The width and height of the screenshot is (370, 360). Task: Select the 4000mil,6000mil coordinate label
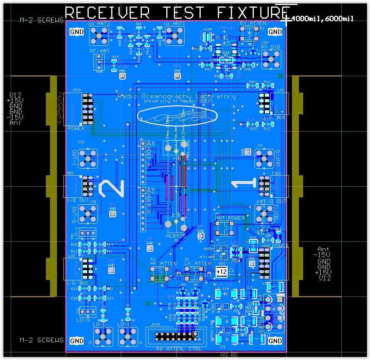pos(321,18)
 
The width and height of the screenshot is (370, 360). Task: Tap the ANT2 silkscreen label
pos(104,24)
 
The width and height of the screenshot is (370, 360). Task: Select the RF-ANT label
pos(99,51)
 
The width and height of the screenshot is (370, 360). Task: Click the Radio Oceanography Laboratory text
pos(176,96)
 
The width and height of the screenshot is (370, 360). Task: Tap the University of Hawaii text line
pos(176,101)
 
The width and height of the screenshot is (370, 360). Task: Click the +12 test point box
pos(221,272)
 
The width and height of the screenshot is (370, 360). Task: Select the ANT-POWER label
pos(230,218)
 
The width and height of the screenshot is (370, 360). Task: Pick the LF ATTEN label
pos(198,263)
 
